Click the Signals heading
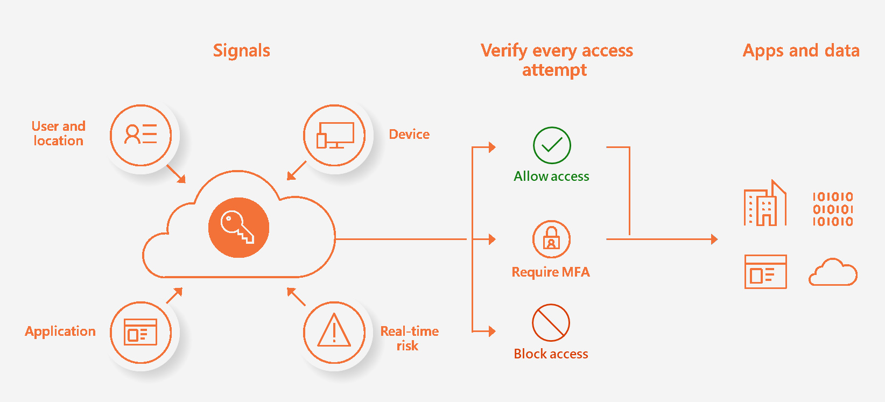[242, 51]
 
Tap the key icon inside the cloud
[238, 228]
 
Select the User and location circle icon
[141, 135]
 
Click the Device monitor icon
[335, 135]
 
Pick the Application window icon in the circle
[141, 332]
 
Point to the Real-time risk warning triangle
[334, 331]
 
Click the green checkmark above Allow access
[552, 145]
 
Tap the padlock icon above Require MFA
[551, 239]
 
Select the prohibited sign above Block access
[551, 323]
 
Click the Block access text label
[551, 354]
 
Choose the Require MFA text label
[551, 272]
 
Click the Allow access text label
[551, 177]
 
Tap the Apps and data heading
[801, 51]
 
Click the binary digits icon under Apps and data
[833, 209]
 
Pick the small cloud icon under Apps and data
[833, 272]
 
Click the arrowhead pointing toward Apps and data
[714, 239]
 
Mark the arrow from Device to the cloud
[296, 171]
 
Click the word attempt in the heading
[554, 70]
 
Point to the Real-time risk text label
[409, 338]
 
